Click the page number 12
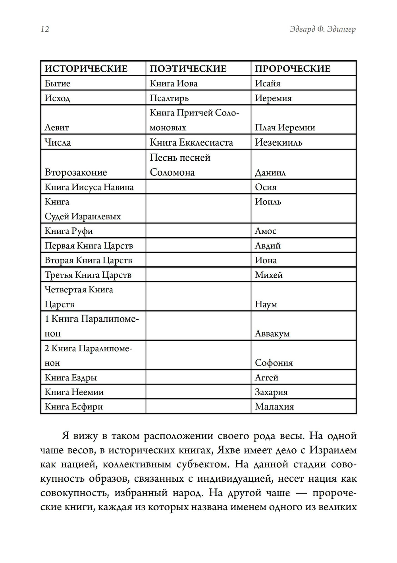pyautogui.click(x=45, y=29)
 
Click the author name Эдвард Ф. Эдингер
pyautogui.click(x=323, y=30)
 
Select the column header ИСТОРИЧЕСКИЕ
pyautogui.click(x=86, y=69)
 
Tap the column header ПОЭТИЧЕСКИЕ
pyautogui.click(x=188, y=69)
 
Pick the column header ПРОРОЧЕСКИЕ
pyautogui.click(x=293, y=69)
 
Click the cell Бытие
pyautogui.click(x=58, y=83)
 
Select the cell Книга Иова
pyautogui.click(x=173, y=83)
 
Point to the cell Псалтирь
pyautogui.click(x=169, y=98)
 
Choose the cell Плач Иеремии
pyautogui.click(x=285, y=127)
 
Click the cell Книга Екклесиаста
pyautogui.click(x=191, y=142)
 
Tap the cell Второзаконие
pyautogui.click(x=76, y=172)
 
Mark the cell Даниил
pyautogui.click(x=270, y=173)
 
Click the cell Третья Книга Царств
pyautogui.click(x=88, y=275)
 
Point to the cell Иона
pyautogui.click(x=266, y=260)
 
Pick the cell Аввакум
pyautogui.click(x=272, y=334)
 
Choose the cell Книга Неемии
pyautogui.click(x=74, y=392)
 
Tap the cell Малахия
pyautogui.click(x=274, y=407)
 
